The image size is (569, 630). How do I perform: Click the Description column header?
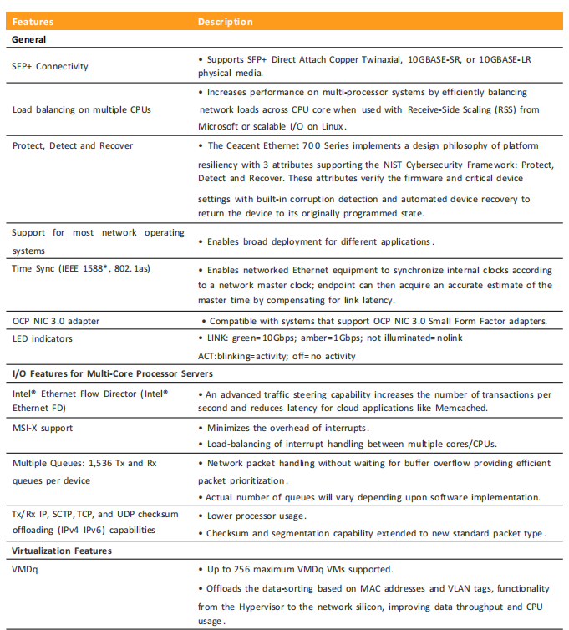pyautogui.click(x=226, y=22)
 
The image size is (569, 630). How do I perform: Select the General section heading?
pyautogui.click(x=29, y=39)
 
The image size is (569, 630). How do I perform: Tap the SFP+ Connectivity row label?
pyautogui.click(x=50, y=66)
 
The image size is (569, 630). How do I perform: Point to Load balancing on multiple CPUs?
pyautogui.click(x=70, y=109)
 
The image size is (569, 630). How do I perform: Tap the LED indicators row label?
pyautogui.click(x=43, y=338)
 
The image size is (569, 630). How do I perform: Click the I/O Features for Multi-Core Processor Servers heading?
pyautogui.click(x=113, y=373)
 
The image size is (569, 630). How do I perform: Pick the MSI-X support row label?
pyautogui.click(x=43, y=429)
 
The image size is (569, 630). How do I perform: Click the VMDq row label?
pyautogui.click(x=26, y=569)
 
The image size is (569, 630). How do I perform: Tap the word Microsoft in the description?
pyautogui.click(x=223, y=126)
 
